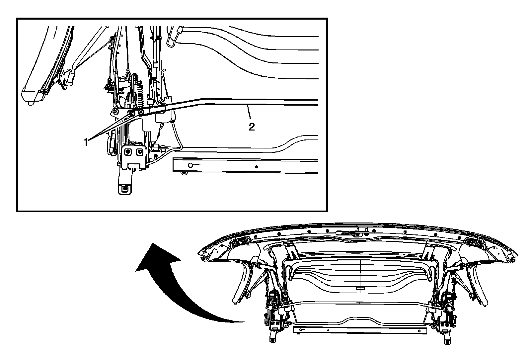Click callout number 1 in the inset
coord(86,142)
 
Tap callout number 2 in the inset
coord(252,127)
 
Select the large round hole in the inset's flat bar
coord(190,165)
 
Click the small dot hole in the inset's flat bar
coord(256,167)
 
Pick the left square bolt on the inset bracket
coord(127,152)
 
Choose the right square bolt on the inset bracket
coord(139,152)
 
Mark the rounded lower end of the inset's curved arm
coord(32,96)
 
